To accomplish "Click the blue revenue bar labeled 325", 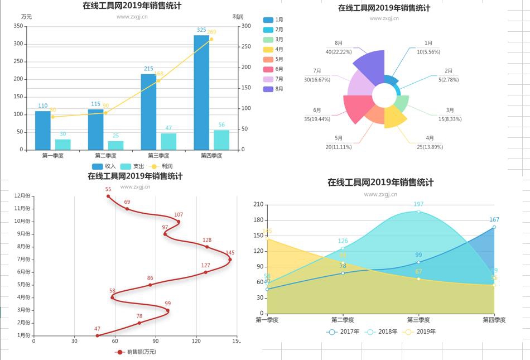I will coord(201,92).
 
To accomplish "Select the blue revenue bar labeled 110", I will coord(43,130).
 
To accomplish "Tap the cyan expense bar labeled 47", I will coord(168,141).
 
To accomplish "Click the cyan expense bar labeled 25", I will coord(115,145).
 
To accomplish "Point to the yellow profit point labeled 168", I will coord(158,80).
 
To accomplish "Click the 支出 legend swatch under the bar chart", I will coord(126,166).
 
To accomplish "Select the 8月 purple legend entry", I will coord(273,89).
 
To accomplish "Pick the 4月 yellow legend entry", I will coord(273,49).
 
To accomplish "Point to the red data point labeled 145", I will coord(230,259).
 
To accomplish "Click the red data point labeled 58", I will coord(112,297).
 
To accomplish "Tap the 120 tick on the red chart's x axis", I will coord(196,341).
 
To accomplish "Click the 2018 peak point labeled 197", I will coord(418,211).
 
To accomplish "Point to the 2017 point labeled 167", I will coord(494,227).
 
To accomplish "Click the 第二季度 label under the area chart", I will coord(343,320).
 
